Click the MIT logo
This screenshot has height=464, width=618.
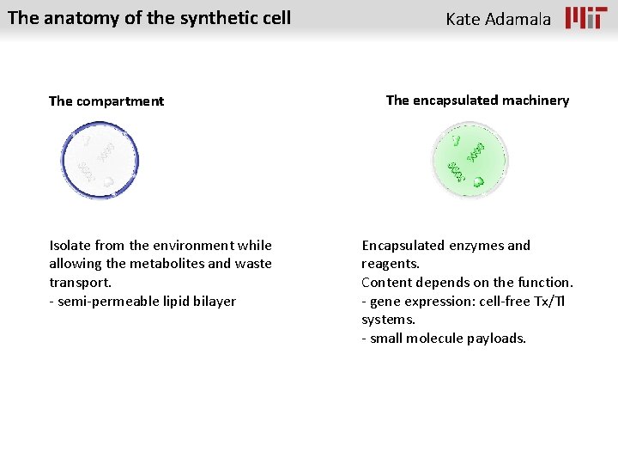coord(586,18)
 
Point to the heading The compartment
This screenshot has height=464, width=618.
coord(106,101)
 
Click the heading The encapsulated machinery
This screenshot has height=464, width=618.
coord(477,101)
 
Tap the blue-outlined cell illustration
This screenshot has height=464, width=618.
coord(100,160)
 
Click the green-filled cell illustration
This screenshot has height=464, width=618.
coord(469,160)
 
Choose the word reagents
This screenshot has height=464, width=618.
coord(390,264)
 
